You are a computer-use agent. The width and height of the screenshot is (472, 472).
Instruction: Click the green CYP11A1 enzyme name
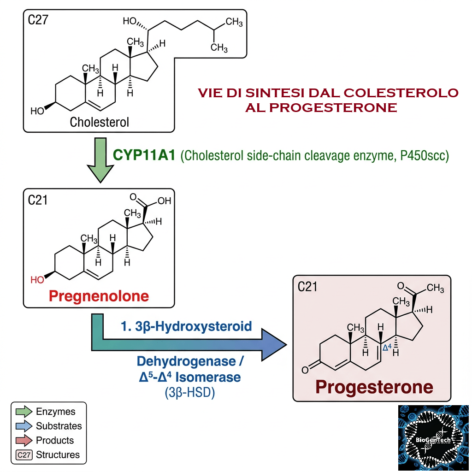tap(144, 155)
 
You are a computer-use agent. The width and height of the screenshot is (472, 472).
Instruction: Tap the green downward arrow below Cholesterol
tap(100, 160)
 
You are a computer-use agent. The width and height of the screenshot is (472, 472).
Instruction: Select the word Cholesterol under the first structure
tap(100, 122)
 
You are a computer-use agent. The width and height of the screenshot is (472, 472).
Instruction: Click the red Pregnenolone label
tap(99, 296)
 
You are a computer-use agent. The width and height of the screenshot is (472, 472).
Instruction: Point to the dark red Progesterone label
tap(374, 387)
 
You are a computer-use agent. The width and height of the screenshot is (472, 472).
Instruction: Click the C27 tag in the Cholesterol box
tap(38, 20)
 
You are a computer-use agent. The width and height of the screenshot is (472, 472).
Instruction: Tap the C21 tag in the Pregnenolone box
tap(38, 200)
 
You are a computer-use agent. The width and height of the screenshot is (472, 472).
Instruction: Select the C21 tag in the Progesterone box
tap(307, 287)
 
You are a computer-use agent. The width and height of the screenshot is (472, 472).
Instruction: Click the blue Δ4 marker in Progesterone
tap(387, 348)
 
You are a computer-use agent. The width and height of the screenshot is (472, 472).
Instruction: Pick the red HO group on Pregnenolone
tap(37, 280)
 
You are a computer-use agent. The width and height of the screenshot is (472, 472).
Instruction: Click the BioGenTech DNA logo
tap(433, 438)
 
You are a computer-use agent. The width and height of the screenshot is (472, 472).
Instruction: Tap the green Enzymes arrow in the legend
tap(24, 412)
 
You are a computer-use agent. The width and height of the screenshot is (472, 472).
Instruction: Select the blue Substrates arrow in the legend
tap(24, 426)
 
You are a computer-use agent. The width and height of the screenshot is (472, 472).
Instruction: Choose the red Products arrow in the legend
tap(24, 440)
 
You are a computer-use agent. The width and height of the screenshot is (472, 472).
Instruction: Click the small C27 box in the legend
tap(24, 454)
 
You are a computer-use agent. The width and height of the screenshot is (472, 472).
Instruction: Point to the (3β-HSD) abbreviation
tap(190, 393)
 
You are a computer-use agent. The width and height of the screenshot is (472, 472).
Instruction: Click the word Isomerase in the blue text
tap(208, 377)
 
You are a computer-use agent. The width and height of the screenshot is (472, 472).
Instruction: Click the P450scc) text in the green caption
tap(425, 156)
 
